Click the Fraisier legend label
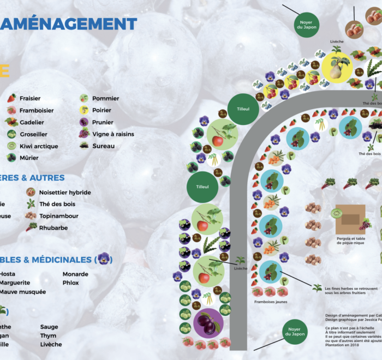coord(31,99)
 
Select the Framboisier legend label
coord(35,110)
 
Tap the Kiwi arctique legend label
coord(39,146)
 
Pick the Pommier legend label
coord(105,99)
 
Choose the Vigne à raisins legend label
coord(113,134)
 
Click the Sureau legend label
coord(104,146)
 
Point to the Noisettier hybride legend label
coord(65,193)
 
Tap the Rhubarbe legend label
coord(53,227)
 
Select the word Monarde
coord(75,274)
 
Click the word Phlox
coord(71,283)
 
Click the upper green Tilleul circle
coord(243,109)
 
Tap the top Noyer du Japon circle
coord(306,27)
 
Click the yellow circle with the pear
coord(336,67)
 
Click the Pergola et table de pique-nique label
coord(350,242)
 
